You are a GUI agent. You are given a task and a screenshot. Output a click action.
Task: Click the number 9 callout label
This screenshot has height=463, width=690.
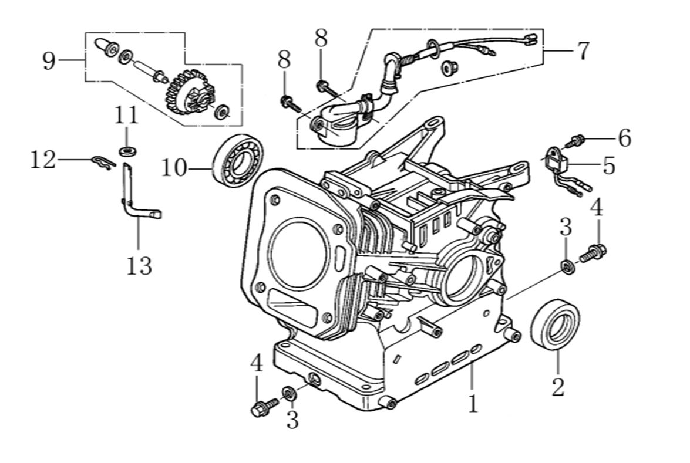[50, 61]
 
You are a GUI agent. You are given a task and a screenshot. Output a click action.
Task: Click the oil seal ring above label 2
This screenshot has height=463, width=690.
[555, 325]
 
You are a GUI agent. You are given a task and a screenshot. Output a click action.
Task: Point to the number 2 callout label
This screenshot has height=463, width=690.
[557, 387]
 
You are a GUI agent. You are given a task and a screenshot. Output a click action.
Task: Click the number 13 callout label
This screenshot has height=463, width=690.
[139, 265]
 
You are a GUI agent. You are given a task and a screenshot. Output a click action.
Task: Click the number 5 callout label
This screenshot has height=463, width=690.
[608, 166]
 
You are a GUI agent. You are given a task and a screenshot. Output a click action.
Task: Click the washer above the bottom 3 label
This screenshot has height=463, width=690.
[289, 392]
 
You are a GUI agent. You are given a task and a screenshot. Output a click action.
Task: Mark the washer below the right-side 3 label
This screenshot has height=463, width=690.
[567, 266]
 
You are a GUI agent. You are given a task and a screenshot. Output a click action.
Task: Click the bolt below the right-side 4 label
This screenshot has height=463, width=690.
[593, 254]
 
